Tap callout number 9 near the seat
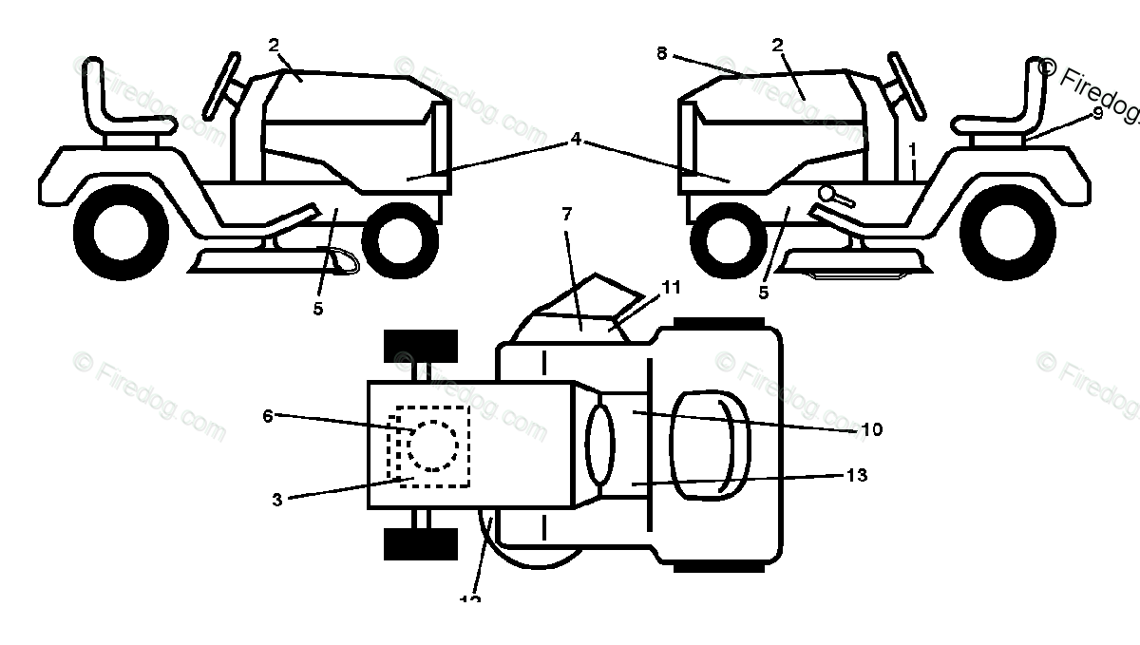1097,113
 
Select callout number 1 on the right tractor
913,149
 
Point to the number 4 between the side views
576,140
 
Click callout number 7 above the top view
567,214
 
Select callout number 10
871,429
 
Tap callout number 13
856,475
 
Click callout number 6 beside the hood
268,415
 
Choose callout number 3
277,500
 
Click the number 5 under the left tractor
318,308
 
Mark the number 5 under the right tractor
764,293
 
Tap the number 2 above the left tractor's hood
274,44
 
